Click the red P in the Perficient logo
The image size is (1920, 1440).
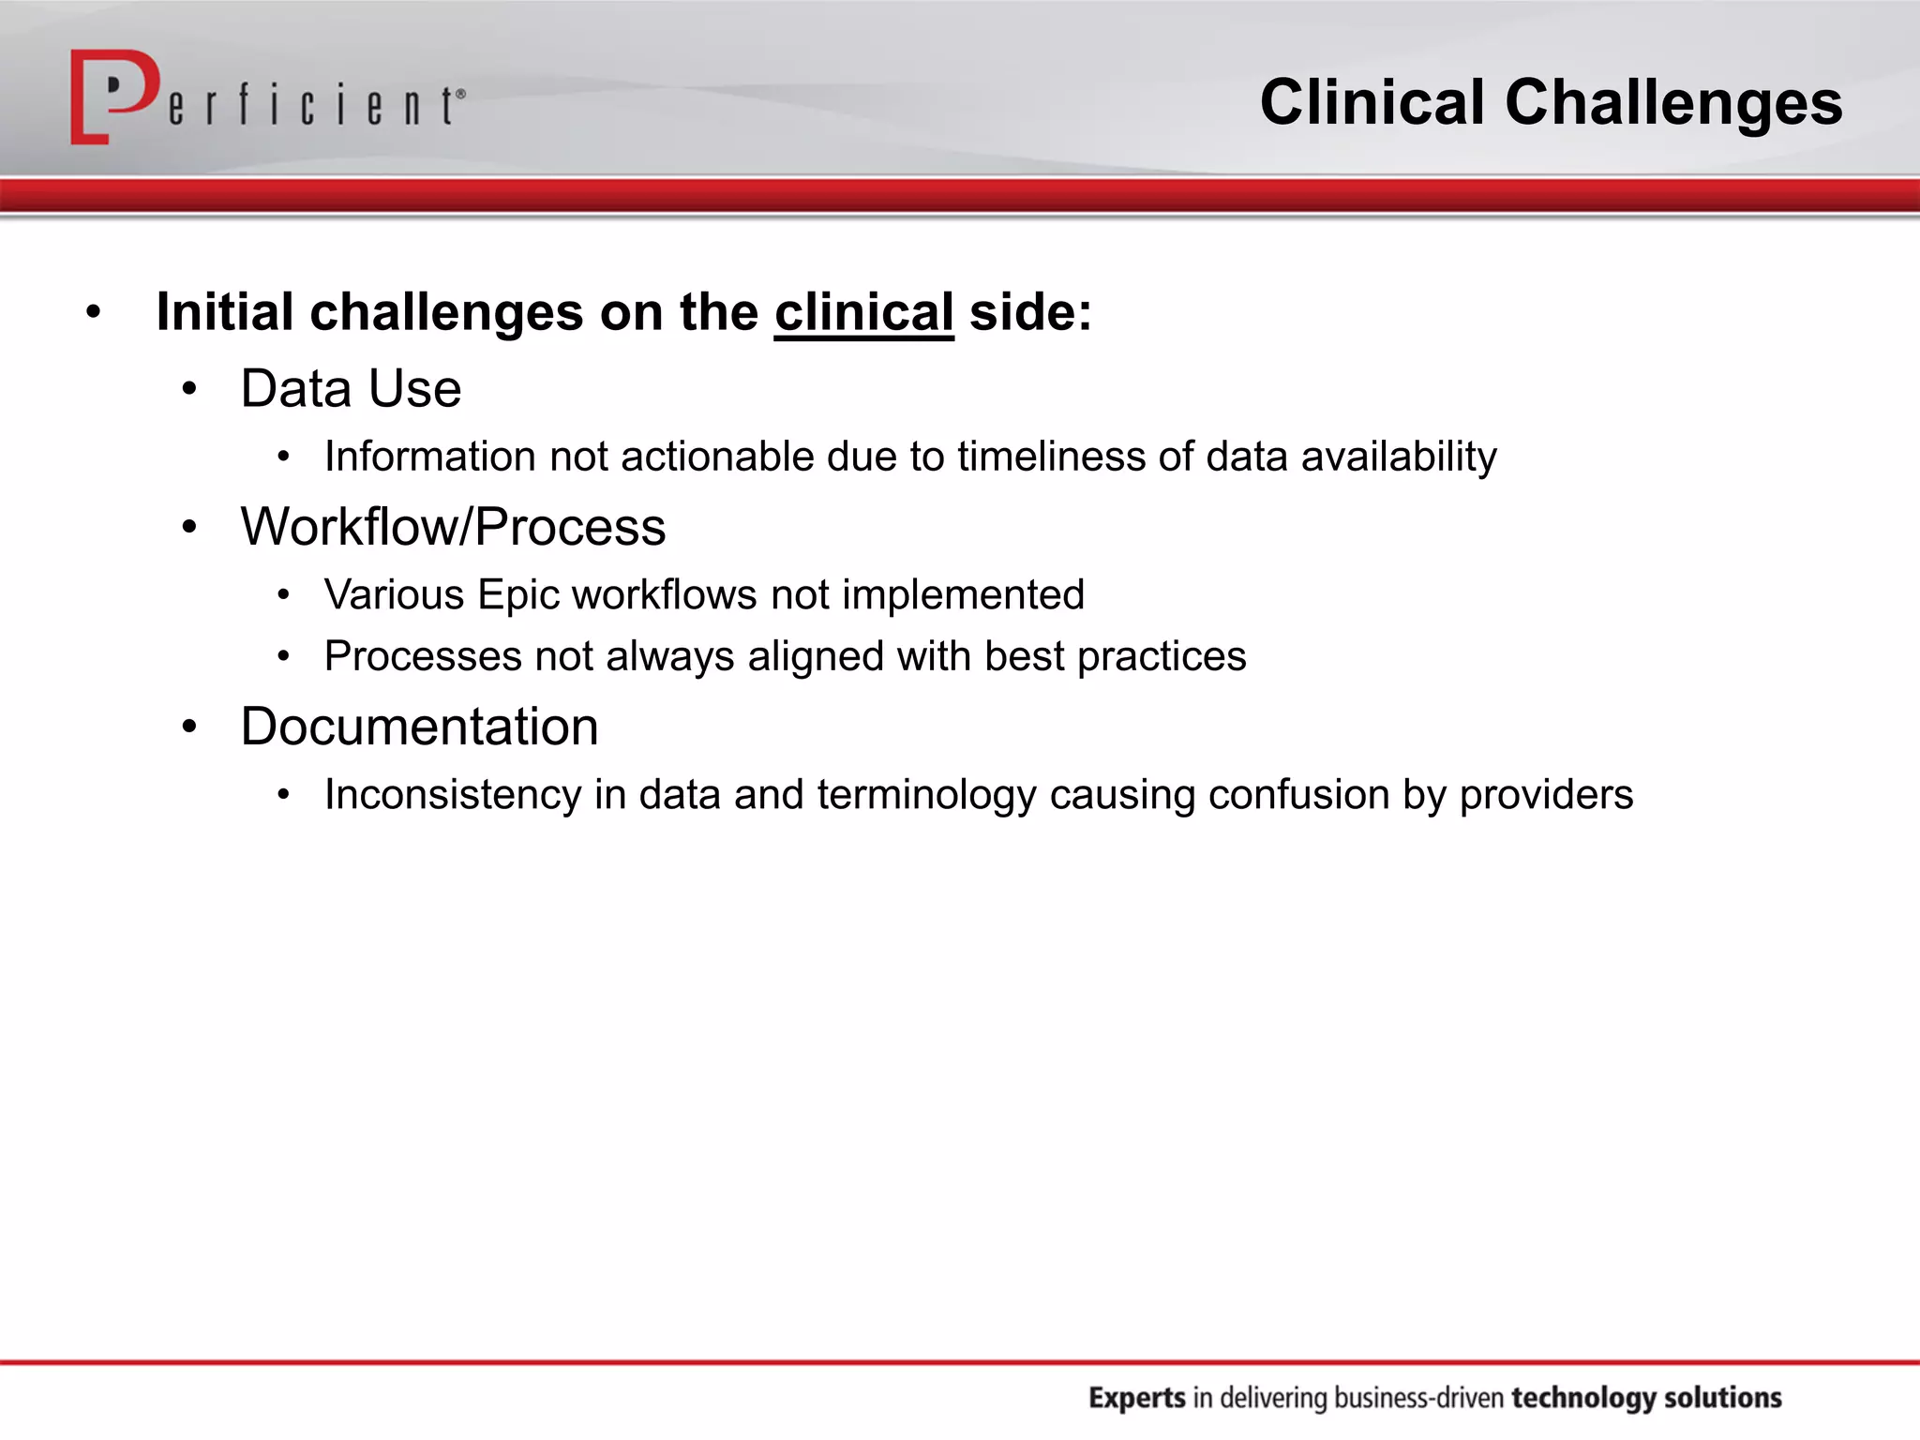[x=111, y=96]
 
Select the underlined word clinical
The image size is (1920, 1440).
[x=863, y=312]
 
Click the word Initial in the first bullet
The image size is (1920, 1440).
[x=225, y=312]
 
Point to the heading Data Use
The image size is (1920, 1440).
[x=351, y=388]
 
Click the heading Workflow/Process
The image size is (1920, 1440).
[x=453, y=527]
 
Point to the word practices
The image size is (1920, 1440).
[x=1162, y=657]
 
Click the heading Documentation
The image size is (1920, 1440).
[x=419, y=727]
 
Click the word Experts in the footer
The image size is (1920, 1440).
[x=1137, y=1398]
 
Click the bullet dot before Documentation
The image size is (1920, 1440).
[x=190, y=727]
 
